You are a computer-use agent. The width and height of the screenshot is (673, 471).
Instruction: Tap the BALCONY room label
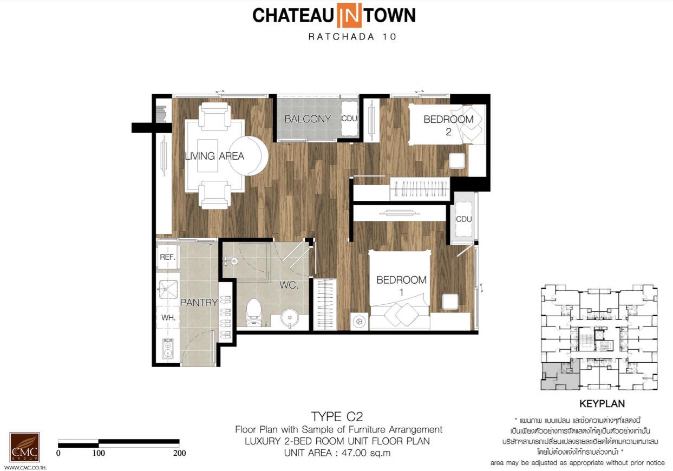click(308, 119)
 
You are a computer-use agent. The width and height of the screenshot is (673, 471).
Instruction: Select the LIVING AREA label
click(214, 156)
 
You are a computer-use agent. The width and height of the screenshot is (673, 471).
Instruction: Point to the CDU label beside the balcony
click(349, 119)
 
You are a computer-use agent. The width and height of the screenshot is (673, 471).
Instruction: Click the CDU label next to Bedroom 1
click(463, 219)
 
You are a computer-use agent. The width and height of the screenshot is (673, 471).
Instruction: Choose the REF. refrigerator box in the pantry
click(168, 257)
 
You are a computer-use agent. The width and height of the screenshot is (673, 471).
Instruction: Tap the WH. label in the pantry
click(168, 317)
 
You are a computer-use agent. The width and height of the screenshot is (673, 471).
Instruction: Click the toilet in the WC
click(253, 312)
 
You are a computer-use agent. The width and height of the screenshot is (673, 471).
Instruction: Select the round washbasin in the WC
click(290, 318)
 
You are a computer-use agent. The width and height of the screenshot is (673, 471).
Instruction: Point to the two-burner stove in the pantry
click(168, 349)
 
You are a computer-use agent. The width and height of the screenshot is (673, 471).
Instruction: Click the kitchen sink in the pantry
click(168, 290)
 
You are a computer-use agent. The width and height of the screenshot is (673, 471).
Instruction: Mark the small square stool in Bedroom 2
click(457, 160)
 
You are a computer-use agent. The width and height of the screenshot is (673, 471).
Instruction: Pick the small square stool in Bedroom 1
click(450, 302)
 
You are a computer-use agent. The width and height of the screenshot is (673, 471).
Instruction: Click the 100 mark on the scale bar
click(99, 453)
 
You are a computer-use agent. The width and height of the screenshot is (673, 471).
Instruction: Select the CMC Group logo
click(24, 447)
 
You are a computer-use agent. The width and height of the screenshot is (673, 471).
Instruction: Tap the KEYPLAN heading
click(602, 404)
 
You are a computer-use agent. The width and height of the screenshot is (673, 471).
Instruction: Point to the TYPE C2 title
click(337, 417)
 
